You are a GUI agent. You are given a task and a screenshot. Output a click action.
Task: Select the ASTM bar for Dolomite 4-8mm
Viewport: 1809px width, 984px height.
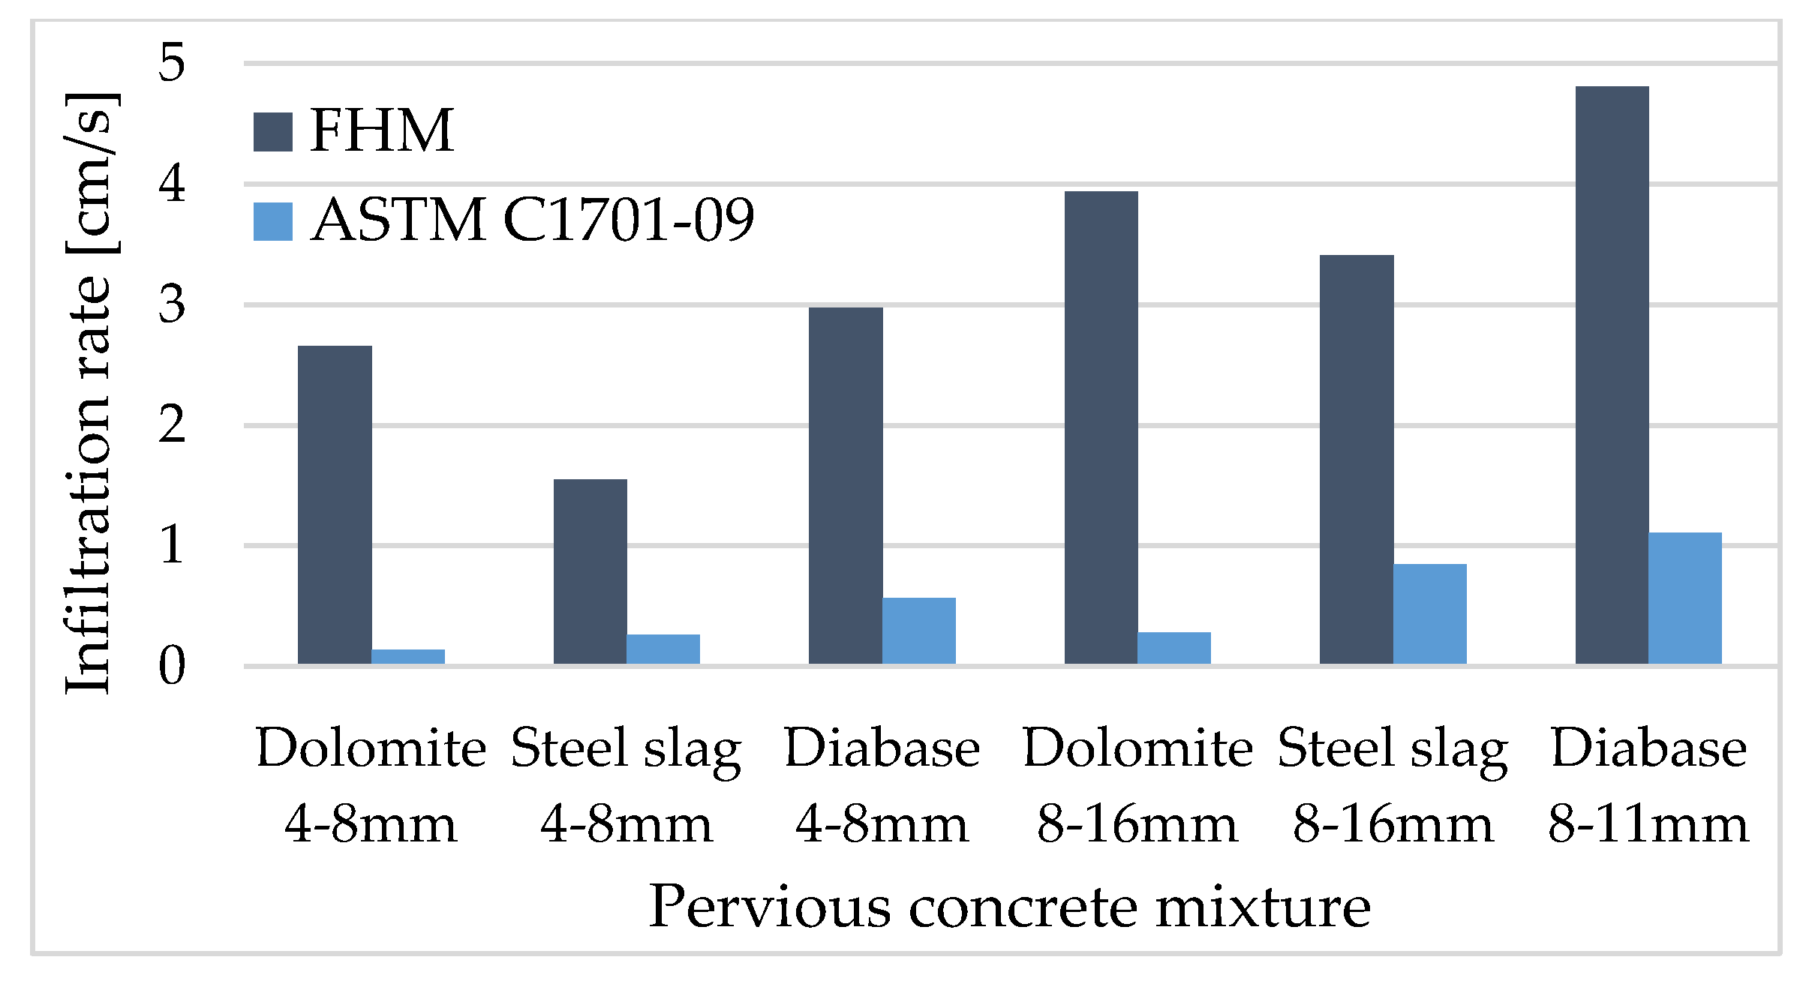(x=408, y=657)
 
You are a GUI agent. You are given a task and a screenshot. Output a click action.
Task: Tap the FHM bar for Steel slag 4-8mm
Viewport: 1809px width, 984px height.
(x=590, y=571)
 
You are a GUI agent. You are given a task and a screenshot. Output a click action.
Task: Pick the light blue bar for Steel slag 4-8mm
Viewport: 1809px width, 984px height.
(x=663, y=649)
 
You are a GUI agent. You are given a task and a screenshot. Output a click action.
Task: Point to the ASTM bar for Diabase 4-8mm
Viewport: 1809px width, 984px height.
(x=919, y=631)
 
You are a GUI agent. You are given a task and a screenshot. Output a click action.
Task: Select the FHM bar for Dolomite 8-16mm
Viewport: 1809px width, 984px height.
(x=1101, y=427)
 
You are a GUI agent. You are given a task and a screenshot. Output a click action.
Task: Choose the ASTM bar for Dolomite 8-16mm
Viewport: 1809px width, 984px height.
(x=1174, y=648)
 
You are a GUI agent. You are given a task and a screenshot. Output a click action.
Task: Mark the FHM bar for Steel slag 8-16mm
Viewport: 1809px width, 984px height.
(x=1357, y=460)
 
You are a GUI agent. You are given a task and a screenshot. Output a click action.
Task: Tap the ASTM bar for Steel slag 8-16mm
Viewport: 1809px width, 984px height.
(x=1430, y=614)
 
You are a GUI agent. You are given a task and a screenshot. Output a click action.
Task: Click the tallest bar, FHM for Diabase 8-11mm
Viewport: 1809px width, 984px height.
(x=1612, y=375)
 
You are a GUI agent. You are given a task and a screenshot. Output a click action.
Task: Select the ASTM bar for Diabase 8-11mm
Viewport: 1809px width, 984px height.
(x=1685, y=598)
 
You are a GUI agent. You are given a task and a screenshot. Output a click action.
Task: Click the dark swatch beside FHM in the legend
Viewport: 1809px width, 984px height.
(x=272, y=132)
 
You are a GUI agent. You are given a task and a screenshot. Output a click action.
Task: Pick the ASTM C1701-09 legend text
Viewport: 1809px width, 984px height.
(x=532, y=220)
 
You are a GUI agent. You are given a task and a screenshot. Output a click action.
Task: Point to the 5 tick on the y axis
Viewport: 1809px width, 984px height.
(x=171, y=63)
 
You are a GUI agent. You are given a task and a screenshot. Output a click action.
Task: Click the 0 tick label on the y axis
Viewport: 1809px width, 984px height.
(x=171, y=666)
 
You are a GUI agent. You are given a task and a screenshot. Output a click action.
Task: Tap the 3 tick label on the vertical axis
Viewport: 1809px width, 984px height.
(x=171, y=305)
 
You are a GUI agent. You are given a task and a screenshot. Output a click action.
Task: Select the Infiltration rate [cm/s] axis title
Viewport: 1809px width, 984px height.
(x=90, y=394)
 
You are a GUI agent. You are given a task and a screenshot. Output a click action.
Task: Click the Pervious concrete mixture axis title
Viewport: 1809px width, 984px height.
(x=1009, y=907)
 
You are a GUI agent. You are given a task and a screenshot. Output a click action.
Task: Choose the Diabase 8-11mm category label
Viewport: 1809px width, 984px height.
(x=1648, y=786)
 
